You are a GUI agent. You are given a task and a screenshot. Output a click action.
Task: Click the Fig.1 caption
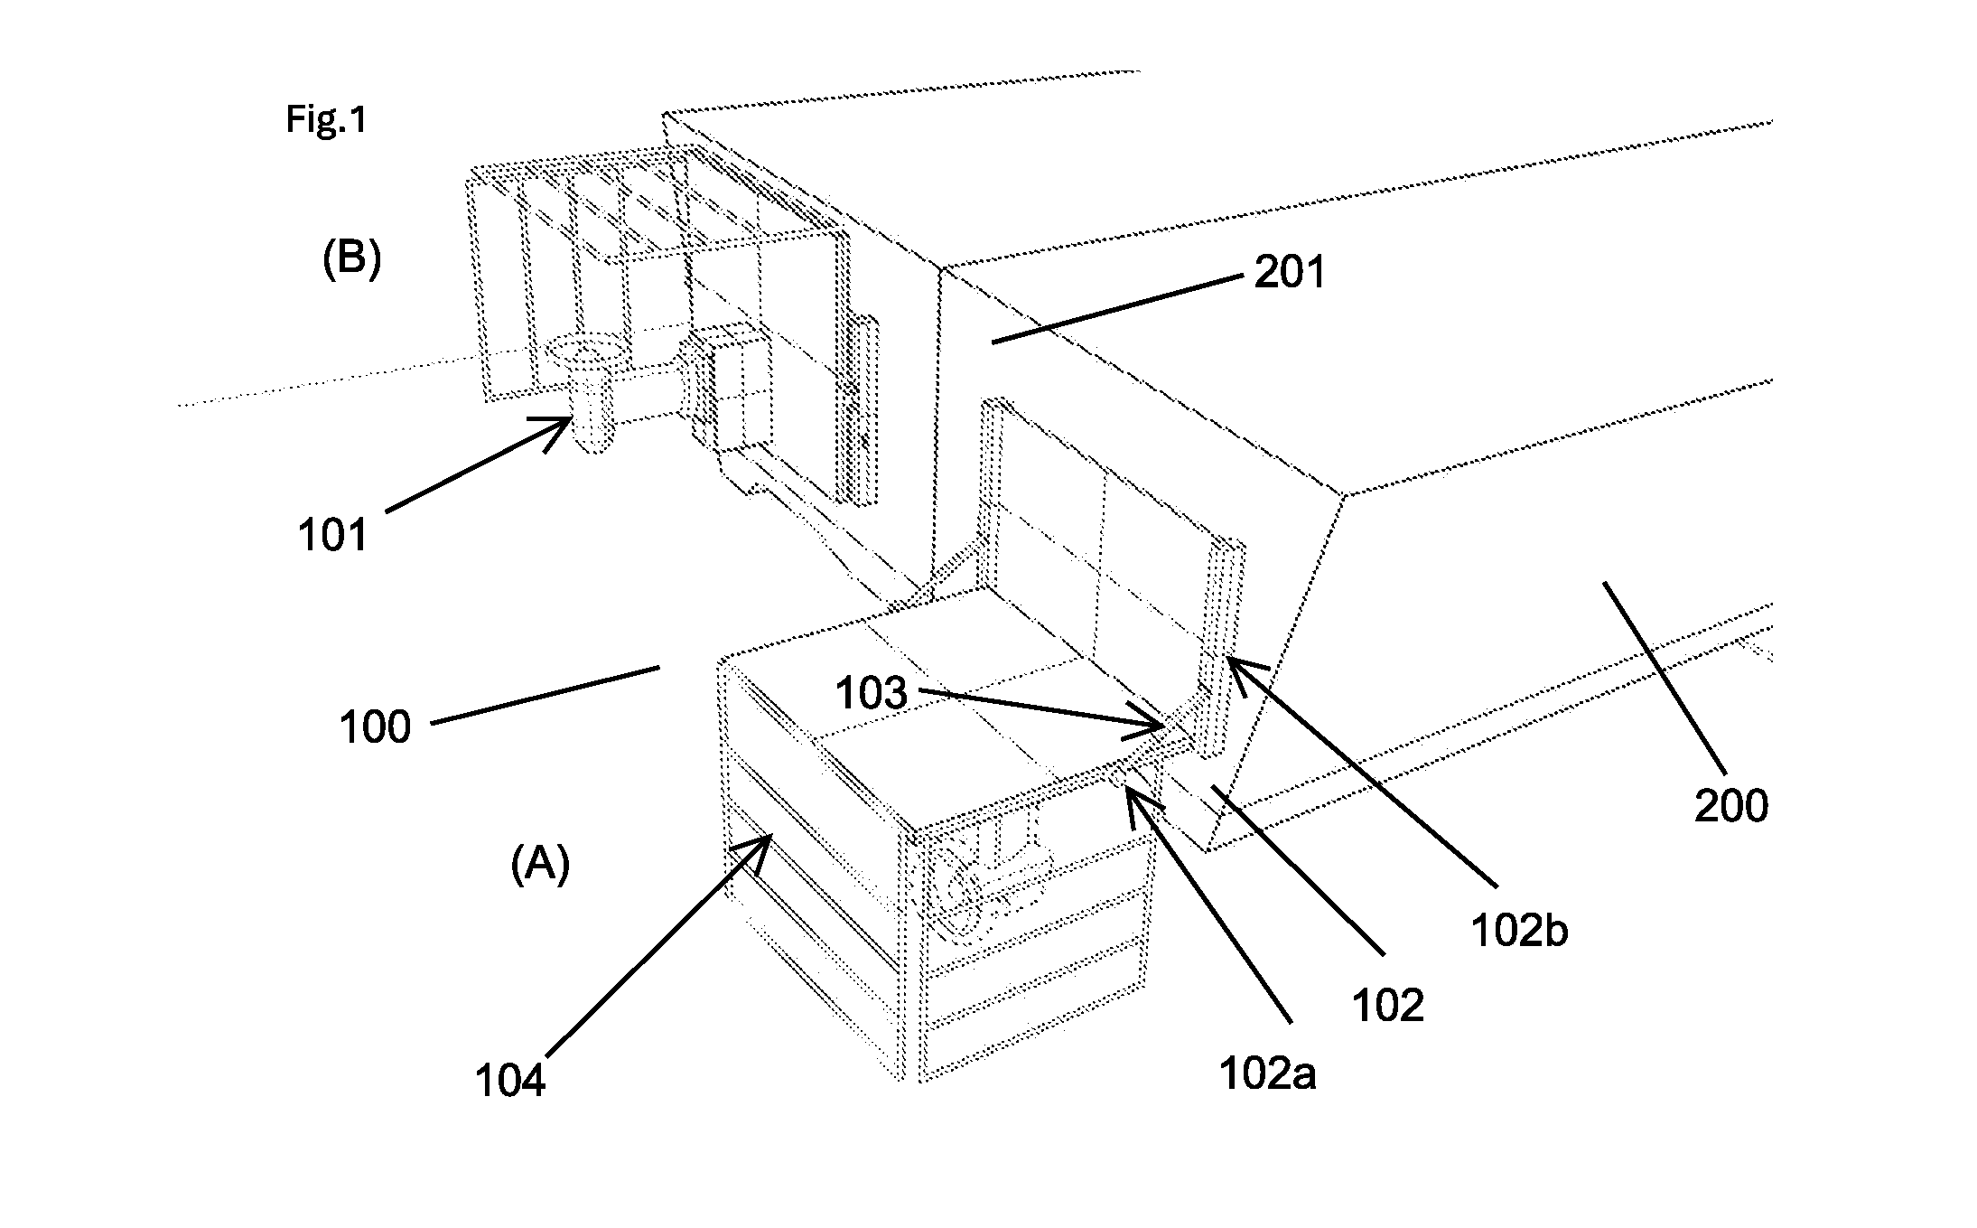coord(327,119)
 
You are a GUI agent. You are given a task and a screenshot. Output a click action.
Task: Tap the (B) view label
coord(352,260)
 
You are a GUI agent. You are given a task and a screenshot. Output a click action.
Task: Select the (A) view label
coord(540,865)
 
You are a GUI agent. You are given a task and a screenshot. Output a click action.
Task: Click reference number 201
coord(1290,272)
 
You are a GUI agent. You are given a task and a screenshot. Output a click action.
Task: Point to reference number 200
coord(1730,806)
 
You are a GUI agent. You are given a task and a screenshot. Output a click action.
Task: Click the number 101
coord(333,536)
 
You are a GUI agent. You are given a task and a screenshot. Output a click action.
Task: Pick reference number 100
coord(375,726)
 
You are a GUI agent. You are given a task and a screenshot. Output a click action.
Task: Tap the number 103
coord(871,694)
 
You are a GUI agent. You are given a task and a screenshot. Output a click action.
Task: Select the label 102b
coord(1519,931)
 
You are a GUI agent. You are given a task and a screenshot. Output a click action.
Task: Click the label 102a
coord(1267,1073)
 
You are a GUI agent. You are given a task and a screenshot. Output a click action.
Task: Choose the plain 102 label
coord(1388,1006)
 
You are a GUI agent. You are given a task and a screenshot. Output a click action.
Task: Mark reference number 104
coord(510,1082)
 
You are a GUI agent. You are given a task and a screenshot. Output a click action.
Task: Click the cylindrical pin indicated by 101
coord(589,395)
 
